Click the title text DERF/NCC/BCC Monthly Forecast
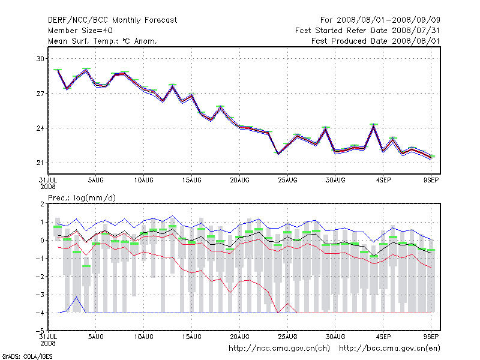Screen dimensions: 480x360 click(x=112, y=20)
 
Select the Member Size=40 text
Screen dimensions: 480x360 click(x=80, y=31)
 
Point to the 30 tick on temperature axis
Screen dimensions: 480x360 click(x=40, y=58)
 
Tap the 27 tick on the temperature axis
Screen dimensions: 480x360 click(x=40, y=94)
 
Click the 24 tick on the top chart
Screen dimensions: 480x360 click(x=40, y=128)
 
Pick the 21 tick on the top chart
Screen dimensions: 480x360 click(x=40, y=163)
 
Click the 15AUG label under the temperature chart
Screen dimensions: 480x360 click(x=191, y=181)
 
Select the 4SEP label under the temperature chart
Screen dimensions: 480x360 click(x=383, y=181)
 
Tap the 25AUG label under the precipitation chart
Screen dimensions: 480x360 click(x=287, y=337)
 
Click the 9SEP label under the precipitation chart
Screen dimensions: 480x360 click(x=431, y=337)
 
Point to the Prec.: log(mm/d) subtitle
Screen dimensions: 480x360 click(x=82, y=198)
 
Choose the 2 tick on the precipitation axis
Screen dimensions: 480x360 click(x=42, y=204)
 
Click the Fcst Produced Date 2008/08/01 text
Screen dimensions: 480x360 click(x=376, y=41)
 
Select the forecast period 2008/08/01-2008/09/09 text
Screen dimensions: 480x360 click(x=388, y=20)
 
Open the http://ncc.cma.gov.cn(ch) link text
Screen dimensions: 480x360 click(x=279, y=349)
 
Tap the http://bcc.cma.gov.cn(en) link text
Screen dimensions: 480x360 click(x=389, y=349)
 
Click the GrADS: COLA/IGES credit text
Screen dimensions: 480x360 click(x=27, y=356)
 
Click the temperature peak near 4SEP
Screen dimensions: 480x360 click(x=373, y=125)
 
